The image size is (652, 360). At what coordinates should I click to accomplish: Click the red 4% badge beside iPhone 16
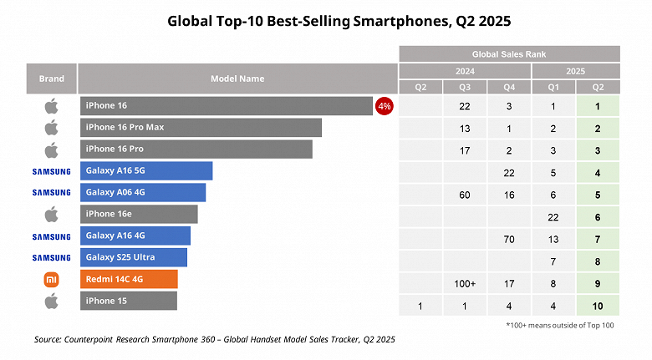point(385,106)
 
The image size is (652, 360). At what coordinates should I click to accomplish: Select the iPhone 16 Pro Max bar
point(201,128)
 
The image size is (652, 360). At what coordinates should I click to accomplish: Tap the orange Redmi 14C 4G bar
point(129,279)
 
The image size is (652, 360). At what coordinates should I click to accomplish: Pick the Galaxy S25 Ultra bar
point(134,257)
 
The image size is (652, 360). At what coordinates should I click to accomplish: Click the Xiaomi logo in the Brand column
point(51,279)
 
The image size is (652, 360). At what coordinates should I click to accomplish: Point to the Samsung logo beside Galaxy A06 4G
point(51,192)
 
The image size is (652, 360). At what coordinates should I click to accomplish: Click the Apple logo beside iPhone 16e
point(51,215)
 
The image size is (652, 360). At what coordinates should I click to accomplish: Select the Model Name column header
point(237,79)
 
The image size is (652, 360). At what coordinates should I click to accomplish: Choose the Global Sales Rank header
point(509,53)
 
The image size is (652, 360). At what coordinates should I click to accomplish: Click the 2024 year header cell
point(465,71)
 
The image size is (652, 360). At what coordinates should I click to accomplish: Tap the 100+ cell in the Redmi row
point(465,284)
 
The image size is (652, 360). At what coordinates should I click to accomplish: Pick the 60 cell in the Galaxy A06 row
point(465,195)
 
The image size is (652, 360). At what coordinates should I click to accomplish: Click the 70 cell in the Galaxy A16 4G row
point(509,240)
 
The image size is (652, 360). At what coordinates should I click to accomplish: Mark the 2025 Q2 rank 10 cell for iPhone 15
point(599,306)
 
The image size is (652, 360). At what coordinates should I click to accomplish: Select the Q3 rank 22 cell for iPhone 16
point(465,107)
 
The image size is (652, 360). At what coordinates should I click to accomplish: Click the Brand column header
point(51,79)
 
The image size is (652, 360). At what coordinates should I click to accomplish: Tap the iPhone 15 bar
point(129,301)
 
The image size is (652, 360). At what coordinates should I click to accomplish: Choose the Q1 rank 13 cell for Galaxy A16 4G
point(553,240)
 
